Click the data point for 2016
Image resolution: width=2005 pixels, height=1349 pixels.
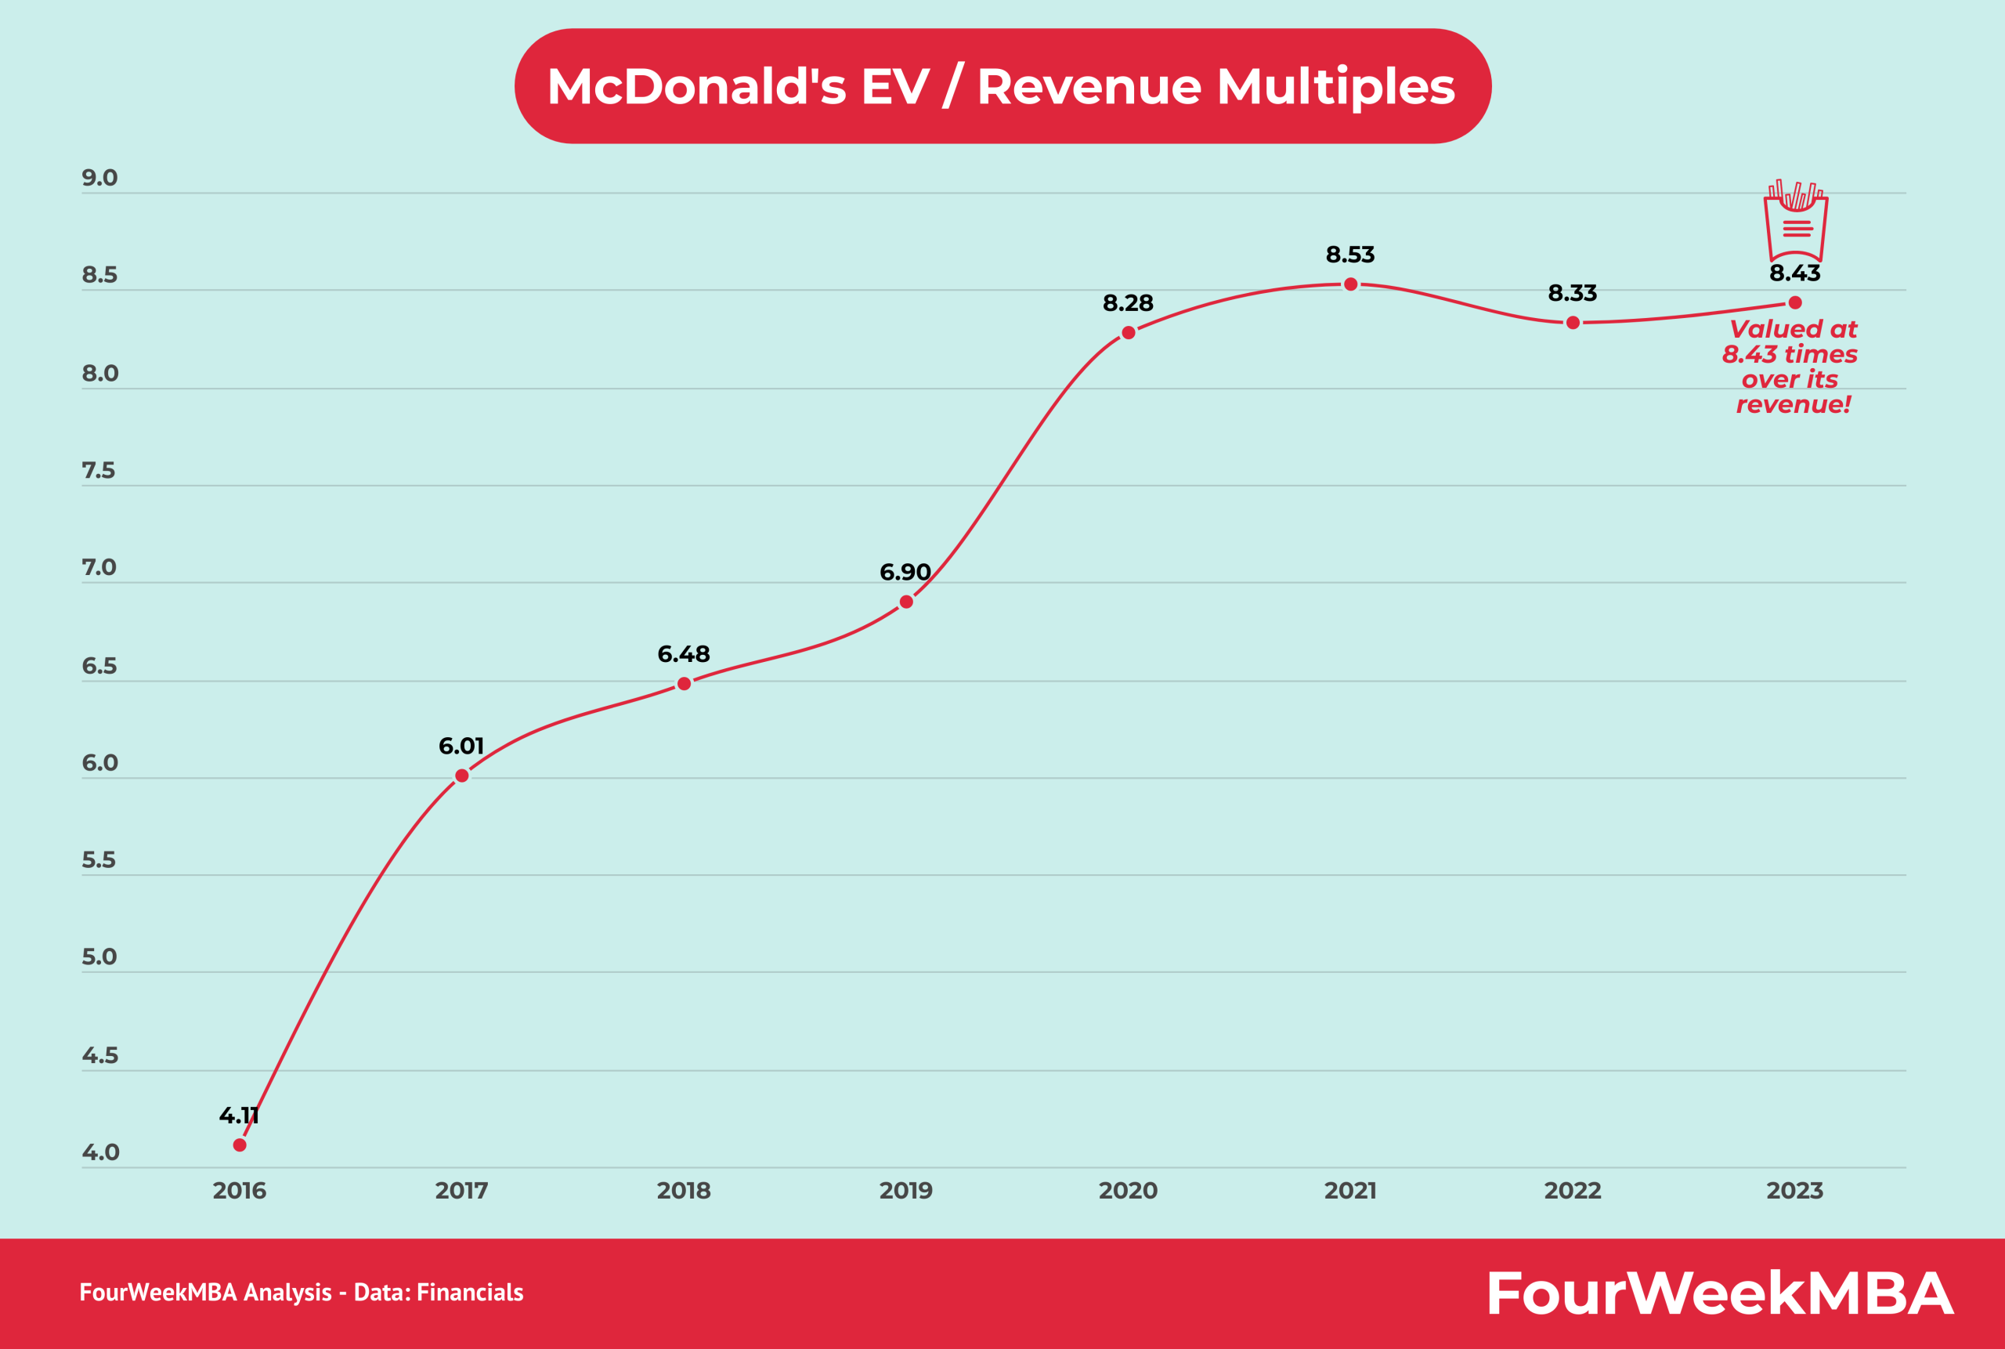(240, 1145)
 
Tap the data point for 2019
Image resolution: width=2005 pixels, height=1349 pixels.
(905, 602)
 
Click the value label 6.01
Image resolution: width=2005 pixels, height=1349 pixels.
(461, 746)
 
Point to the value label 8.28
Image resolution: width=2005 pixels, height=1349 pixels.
(1128, 303)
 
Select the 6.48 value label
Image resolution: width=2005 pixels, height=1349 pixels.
(684, 654)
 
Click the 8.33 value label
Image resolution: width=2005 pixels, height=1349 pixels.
(1573, 293)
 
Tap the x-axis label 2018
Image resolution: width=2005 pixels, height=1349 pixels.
(684, 1191)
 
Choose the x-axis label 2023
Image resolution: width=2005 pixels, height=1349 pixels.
(1794, 1191)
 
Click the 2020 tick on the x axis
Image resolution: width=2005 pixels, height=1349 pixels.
(1128, 1191)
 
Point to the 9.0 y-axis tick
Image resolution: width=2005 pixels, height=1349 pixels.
(99, 178)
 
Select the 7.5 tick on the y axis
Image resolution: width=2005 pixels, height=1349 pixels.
(99, 471)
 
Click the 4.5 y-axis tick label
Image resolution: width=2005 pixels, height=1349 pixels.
(99, 1056)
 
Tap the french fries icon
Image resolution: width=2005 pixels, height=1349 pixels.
(1795, 221)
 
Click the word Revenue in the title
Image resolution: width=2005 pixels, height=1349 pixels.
(1089, 86)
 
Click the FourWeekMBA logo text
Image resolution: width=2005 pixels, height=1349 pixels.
(1720, 1294)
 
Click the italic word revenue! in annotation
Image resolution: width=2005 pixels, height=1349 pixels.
(1794, 404)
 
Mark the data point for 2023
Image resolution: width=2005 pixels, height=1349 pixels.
(1795, 303)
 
